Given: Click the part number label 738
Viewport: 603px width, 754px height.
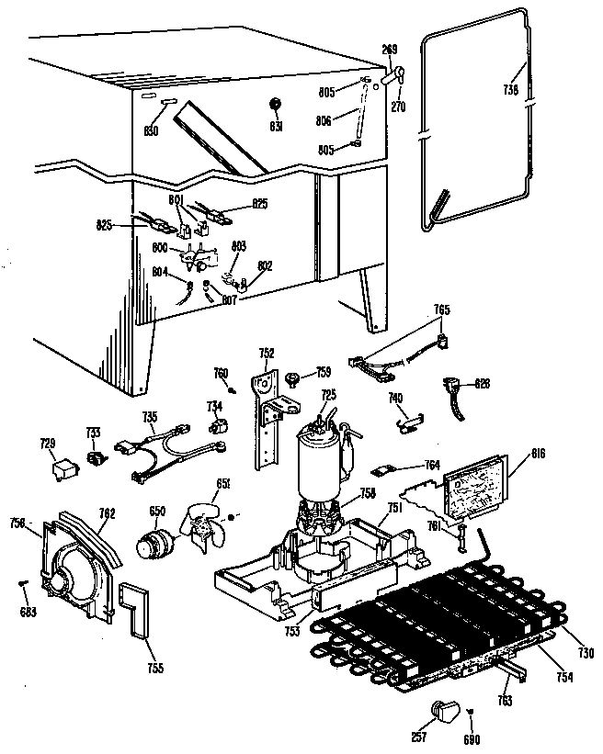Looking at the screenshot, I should pyautogui.click(x=511, y=90).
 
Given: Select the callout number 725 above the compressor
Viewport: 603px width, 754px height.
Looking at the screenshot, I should pyautogui.click(x=328, y=395).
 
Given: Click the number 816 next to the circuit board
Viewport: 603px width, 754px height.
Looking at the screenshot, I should pyautogui.click(x=539, y=453).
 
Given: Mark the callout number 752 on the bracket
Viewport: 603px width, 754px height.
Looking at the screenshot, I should pyautogui.click(x=267, y=352).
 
